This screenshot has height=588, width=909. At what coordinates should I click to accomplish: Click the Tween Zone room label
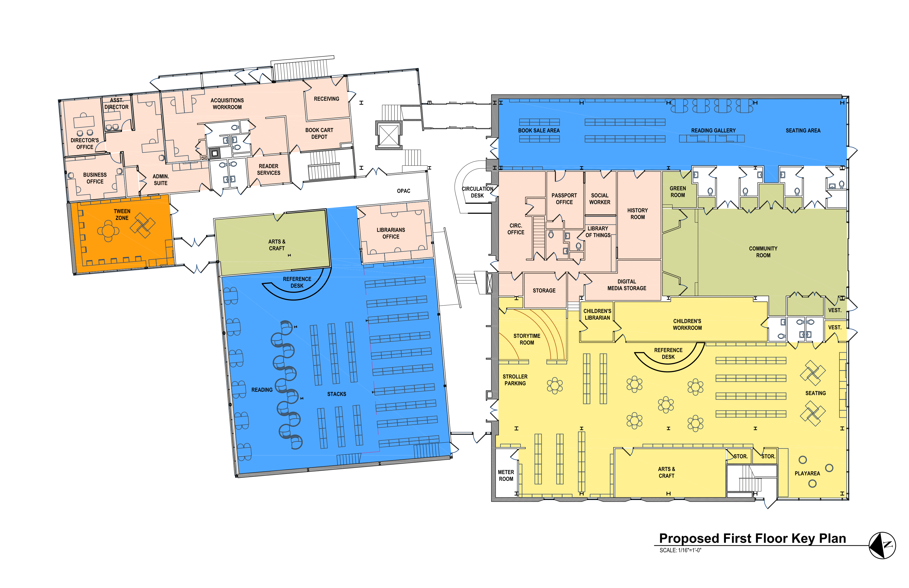pos(122,215)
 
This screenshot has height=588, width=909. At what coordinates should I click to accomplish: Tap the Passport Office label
pos(564,199)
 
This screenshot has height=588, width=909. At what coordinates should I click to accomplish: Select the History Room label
pos(637,214)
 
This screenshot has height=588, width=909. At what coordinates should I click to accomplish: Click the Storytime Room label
pos(527,339)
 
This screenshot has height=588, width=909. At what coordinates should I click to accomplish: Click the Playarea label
pos(807,473)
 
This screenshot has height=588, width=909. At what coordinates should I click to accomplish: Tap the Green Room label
pos(677,192)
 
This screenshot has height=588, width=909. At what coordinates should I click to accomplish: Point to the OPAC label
pos(403,191)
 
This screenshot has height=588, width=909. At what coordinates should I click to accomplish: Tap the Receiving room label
pos(326,99)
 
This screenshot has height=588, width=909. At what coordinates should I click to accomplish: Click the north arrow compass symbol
pos(882,545)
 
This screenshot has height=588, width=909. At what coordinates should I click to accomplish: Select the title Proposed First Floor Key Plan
pos(752,538)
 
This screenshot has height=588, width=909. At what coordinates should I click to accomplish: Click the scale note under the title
pos(680,550)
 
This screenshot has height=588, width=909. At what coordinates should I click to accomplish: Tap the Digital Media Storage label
pos(627,285)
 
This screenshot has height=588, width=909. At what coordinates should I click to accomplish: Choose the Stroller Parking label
pos(515,380)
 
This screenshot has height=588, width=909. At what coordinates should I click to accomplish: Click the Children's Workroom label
pos(687,324)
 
